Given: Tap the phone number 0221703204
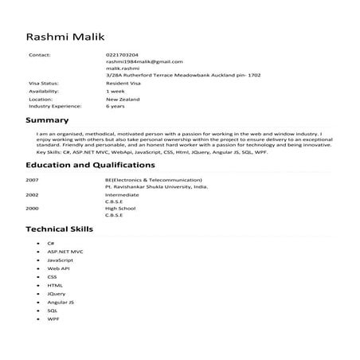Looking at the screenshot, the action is [x=121, y=55].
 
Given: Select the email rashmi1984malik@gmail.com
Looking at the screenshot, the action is [x=143, y=61].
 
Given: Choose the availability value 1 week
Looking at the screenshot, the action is [x=115, y=90].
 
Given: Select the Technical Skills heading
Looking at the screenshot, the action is [x=59, y=229].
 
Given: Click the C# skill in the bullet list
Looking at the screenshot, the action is [x=50, y=243].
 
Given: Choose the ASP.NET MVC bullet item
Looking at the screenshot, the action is [x=65, y=251].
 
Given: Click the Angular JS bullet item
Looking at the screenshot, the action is [x=61, y=303].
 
